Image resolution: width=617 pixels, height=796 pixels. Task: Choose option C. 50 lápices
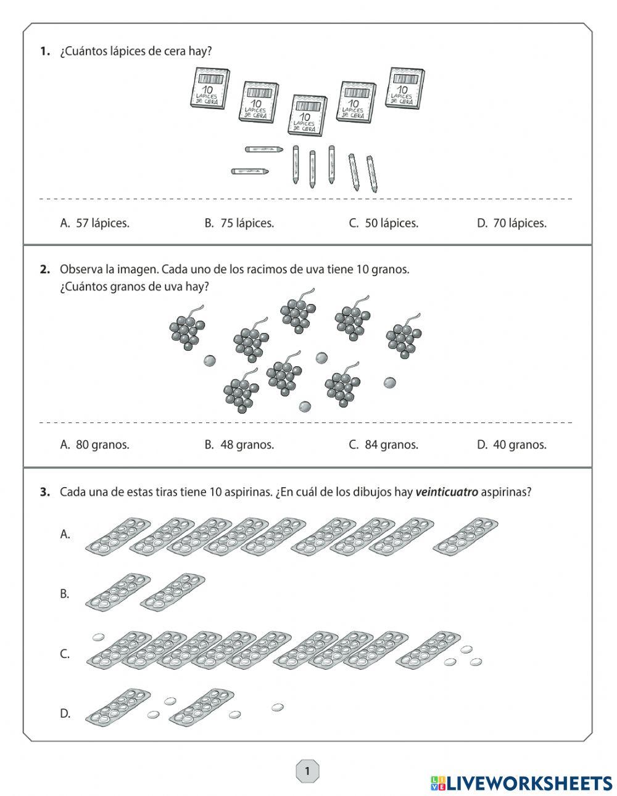tap(383, 223)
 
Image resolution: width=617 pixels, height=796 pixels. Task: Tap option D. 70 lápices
tap(511, 223)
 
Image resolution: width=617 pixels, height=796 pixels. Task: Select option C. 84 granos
tap(383, 445)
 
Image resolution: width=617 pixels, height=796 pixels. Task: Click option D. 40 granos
tap(511, 445)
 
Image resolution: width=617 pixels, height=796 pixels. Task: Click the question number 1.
tap(44, 52)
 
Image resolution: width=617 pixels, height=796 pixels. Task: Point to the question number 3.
tap(44, 492)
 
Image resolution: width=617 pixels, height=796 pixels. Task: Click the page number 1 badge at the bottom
tap(307, 771)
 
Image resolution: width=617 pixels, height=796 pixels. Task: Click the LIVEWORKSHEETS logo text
tap(528, 783)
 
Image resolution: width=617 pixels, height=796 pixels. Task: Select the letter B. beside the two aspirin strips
tap(64, 594)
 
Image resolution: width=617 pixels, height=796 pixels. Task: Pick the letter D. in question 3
tap(65, 714)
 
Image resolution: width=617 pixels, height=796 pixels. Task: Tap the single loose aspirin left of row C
tap(97, 636)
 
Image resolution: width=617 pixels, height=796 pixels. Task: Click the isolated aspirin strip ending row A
tap(465, 534)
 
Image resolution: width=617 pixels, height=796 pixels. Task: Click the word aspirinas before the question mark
tap(503, 492)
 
